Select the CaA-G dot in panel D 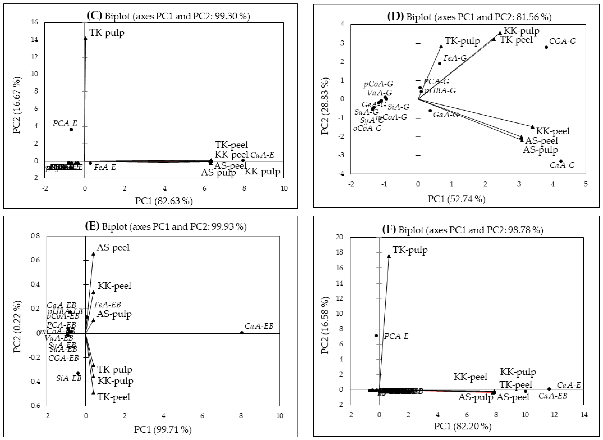[x=561, y=161]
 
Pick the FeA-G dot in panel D [x=440, y=63]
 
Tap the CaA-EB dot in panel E [x=242, y=333]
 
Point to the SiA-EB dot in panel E [x=78, y=373]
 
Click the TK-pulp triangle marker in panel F [x=389, y=256]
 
